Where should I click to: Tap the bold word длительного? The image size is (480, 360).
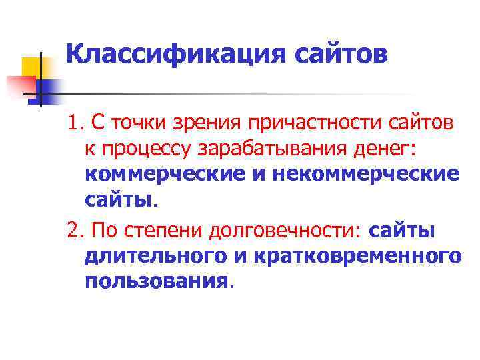[x=158, y=255]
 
